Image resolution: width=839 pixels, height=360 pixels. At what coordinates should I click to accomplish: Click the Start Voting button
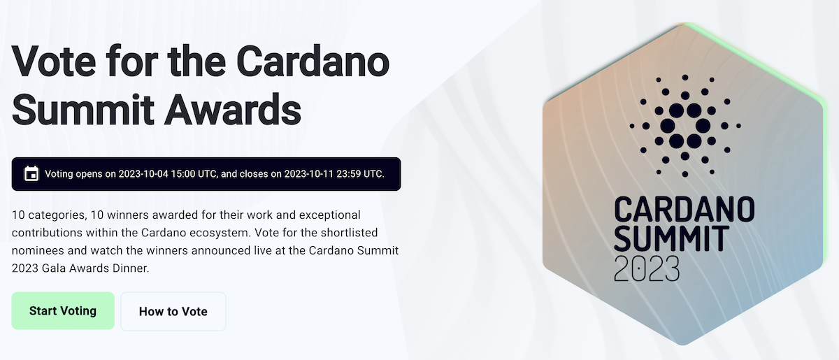pyautogui.click(x=63, y=311)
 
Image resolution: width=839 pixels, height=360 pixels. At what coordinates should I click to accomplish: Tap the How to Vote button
pyautogui.click(x=173, y=311)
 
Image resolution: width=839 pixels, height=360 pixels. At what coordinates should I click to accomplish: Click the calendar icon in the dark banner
pyautogui.click(x=31, y=174)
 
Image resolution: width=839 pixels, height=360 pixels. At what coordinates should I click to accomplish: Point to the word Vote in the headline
pyautogui.click(x=54, y=62)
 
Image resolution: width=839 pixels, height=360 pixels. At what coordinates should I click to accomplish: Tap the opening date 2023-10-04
pyautogui.click(x=143, y=174)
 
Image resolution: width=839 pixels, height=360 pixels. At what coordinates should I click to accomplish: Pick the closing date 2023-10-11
pyautogui.click(x=308, y=174)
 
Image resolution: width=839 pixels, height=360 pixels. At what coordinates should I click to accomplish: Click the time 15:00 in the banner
pyautogui.click(x=182, y=174)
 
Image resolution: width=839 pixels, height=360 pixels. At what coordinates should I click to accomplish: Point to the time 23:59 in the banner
pyautogui.click(x=348, y=174)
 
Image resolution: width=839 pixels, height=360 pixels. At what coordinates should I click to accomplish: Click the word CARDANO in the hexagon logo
pyautogui.click(x=684, y=210)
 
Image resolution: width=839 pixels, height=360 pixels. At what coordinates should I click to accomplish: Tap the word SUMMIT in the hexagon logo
pyautogui.click(x=672, y=238)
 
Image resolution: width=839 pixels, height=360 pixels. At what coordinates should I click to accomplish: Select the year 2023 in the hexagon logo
pyautogui.click(x=647, y=268)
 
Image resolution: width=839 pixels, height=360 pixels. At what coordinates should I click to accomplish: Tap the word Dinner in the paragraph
pyautogui.click(x=131, y=268)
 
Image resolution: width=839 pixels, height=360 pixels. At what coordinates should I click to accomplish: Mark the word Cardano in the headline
pyautogui.click(x=313, y=62)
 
